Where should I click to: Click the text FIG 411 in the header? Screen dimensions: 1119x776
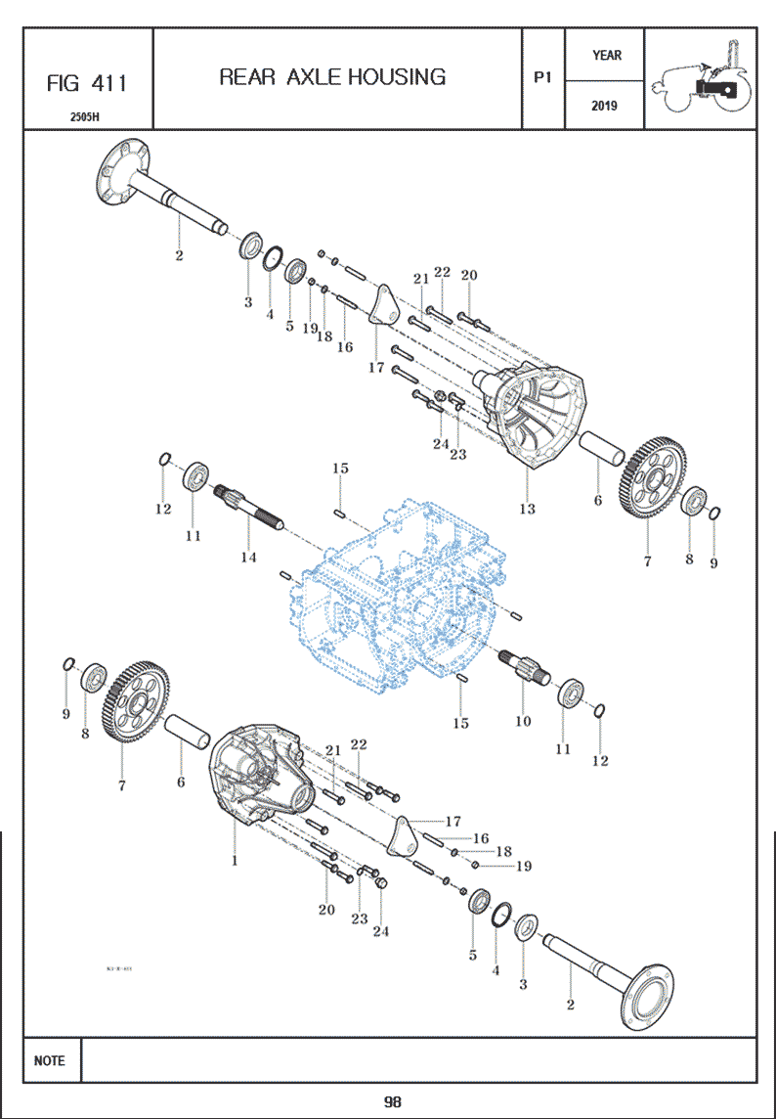pyautogui.click(x=87, y=83)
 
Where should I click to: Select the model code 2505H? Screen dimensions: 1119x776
pyautogui.click(x=87, y=116)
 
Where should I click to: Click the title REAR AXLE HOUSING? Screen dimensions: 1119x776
pyautogui.click(x=332, y=77)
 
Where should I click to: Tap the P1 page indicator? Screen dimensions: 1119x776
pyautogui.click(x=543, y=78)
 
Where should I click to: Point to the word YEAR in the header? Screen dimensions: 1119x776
pyautogui.click(x=605, y=56)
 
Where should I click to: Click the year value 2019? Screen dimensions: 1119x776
pyautogui.click(x=605, y=106)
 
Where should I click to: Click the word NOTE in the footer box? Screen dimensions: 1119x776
pyautogui.click(x=50, y=1060)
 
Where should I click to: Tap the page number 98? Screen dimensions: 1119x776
pyautogui.click(x=392, y=1102)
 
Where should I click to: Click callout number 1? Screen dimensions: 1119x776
pyautogui.click(x=234, y=861)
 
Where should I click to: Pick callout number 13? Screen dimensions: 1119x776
pyautogui.click(x=527, y=509)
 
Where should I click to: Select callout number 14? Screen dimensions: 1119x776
pyautogui.click(x=248, y=557)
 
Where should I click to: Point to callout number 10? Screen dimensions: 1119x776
pyautogui.click(x=523, y=721)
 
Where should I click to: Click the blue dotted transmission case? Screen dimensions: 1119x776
pyautogui.click(x=401, y=587)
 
